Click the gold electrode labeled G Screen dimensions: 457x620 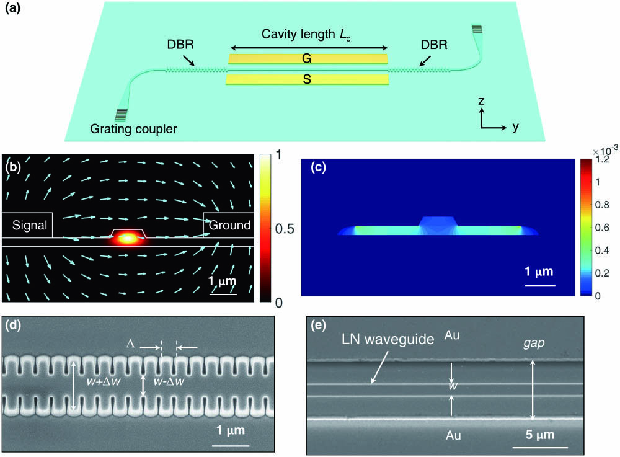click(308, 59)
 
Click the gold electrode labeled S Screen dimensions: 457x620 click(308, 80)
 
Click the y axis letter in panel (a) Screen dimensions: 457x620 click(515, 127)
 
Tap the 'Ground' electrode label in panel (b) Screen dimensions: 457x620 click(229, 226)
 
